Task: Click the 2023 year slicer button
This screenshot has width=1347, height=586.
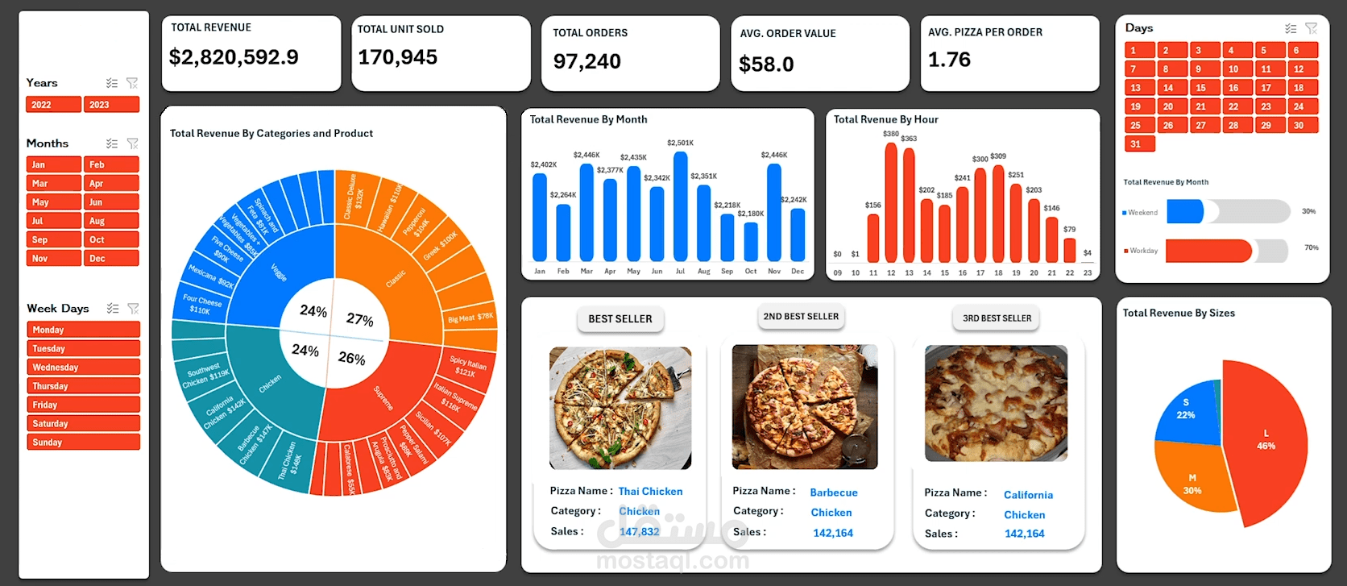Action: click(112, 105)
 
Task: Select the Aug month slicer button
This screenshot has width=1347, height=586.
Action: click(111, 221)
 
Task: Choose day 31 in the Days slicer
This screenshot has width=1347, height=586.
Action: click(1139, 144)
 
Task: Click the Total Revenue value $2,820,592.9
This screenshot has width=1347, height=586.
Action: click(234, 57)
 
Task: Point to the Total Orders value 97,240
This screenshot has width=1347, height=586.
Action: click(586, 61)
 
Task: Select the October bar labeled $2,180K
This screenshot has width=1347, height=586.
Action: click(751, 241)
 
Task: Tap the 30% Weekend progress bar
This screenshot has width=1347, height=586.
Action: click(1185, 212)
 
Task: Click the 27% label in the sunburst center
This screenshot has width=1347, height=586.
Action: click(360, 319)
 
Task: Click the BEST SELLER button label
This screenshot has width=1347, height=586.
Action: click(620, 319)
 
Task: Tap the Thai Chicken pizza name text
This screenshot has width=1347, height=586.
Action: click(650, 492)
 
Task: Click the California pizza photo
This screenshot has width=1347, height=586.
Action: click(996, 403)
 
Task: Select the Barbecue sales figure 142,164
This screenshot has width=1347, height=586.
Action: click(833, 534)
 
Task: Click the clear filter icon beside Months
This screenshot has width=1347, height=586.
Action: click(133, 144)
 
